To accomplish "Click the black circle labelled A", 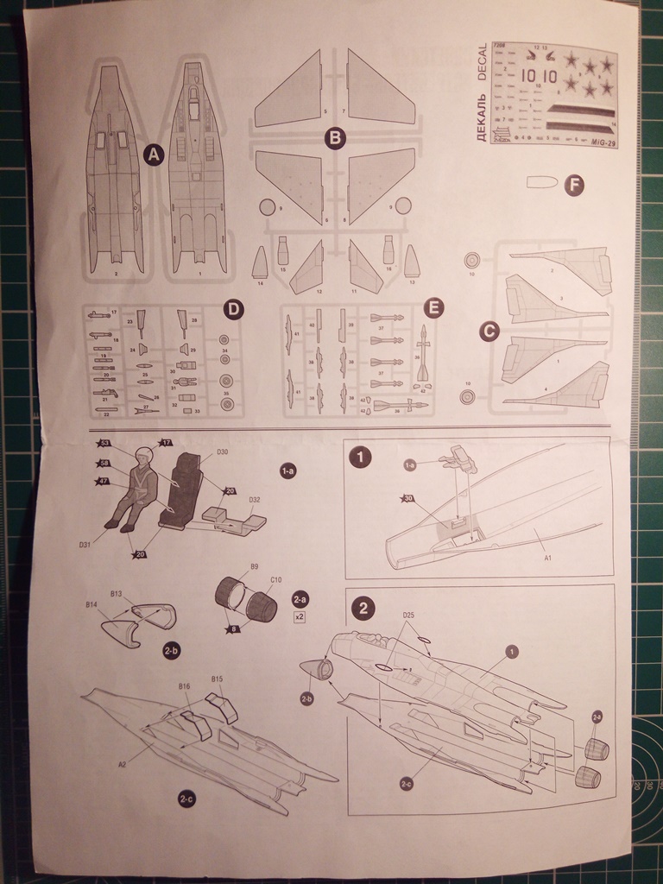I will (154, 155).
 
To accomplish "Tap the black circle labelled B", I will (335, 137).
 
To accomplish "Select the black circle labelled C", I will (489, 331).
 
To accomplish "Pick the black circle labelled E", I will (434, 307).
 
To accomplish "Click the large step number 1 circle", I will (360, 457).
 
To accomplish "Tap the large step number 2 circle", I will (363, 608).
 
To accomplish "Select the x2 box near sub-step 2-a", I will (300, 617).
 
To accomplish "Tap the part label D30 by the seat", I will (223, 451).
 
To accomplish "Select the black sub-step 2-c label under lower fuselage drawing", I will (186, 800).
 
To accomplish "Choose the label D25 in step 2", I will (409, 616).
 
